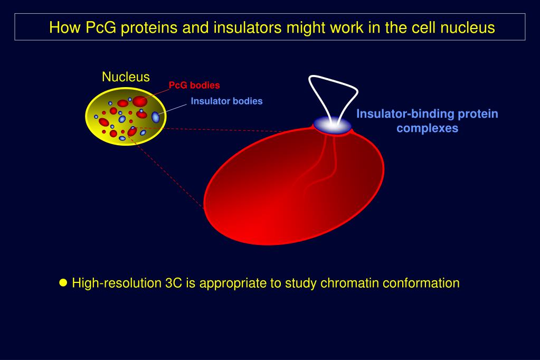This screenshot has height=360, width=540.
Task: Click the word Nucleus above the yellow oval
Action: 126,77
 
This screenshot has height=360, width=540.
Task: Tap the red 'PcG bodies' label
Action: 194,85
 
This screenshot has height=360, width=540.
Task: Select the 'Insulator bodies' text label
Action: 226,101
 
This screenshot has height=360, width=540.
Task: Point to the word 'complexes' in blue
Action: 428,128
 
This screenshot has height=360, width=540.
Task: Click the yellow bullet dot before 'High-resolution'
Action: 63,283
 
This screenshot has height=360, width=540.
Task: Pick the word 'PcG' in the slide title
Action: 101,27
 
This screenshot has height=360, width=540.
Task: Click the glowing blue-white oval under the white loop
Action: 333,125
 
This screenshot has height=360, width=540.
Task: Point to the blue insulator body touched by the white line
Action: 155,117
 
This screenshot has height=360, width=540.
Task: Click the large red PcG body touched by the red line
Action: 140,101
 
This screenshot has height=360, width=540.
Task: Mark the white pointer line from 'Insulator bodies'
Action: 173,108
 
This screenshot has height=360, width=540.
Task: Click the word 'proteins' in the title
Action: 150,27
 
